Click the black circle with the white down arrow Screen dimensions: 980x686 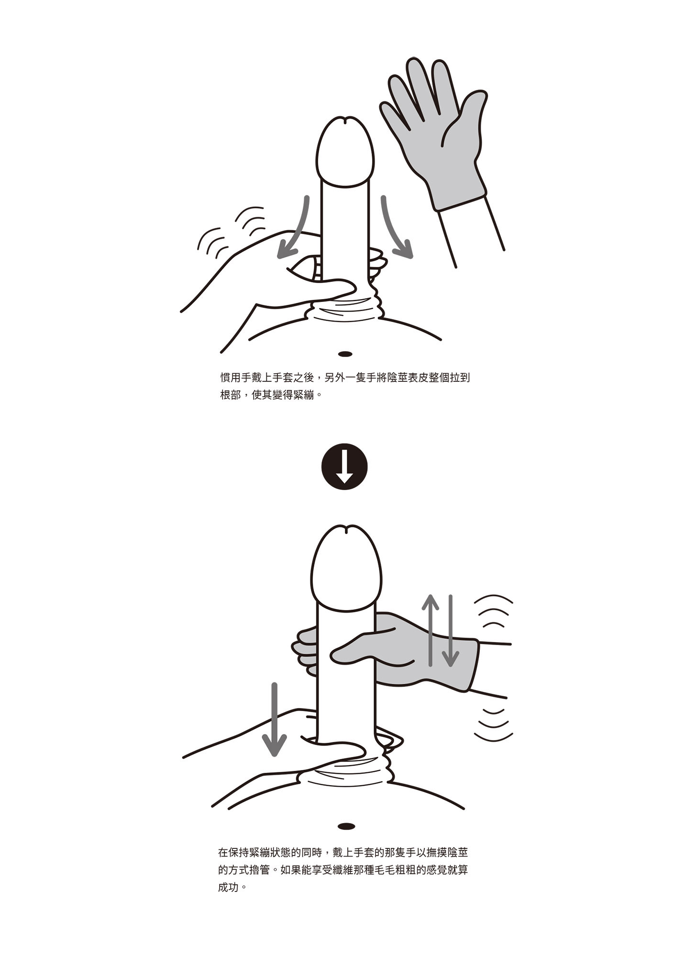pyautogui.click(x=344, y=467)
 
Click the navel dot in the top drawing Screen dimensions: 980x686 pyautogui.click(x=345, y=354)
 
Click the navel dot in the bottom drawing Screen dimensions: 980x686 pyautogui.click(x=346, y=826)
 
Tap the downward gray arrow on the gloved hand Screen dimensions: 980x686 pyautogui.click(x=450, y=632)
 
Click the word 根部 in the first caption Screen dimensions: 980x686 pyautogui.click(x=230, y=396)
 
